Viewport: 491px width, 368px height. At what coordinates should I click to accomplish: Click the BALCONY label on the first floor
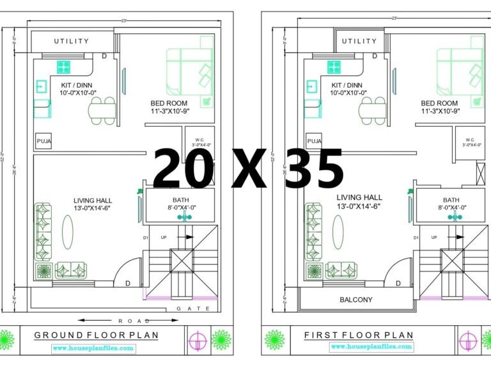pos(356,300)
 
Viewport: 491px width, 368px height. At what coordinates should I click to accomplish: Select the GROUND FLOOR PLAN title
pos(96,335)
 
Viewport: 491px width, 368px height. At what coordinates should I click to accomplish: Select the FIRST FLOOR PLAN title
pos(358,335)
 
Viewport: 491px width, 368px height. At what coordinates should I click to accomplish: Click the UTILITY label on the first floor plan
pos(359,42)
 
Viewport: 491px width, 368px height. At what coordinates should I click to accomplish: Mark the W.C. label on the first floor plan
pos(470,139)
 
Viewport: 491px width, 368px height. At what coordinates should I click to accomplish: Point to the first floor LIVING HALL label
pos(359,197)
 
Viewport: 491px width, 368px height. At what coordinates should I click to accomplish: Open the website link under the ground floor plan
pos(93,348)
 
